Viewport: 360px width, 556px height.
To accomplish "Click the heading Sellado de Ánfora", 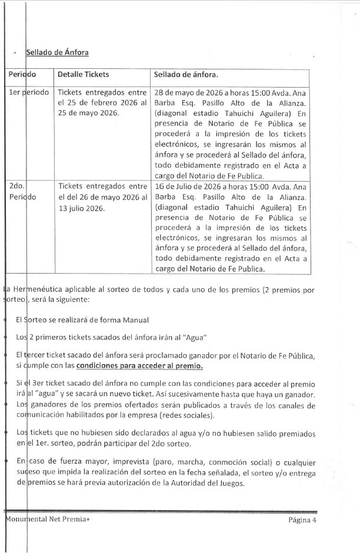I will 57,53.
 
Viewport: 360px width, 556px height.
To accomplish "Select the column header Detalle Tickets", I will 83,75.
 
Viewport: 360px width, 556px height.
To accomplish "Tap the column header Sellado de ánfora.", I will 185,75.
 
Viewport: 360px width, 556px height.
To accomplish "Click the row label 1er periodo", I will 29,93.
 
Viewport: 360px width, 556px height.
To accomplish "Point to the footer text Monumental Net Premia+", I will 46,520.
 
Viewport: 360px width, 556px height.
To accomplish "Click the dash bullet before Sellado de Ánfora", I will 14,53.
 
